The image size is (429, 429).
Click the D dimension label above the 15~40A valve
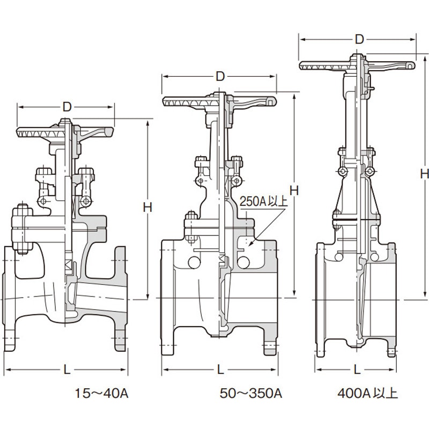point(66,107)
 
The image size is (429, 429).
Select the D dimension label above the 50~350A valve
point(220,77)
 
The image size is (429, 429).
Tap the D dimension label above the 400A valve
point(359,40)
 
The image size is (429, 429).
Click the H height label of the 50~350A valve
point(294,191)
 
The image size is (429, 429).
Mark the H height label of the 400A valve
point(425,173)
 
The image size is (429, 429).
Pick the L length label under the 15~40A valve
point(67,370)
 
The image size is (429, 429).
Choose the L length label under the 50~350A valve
point(220,370)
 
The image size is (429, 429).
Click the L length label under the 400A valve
point(357,370)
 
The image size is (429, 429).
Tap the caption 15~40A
point(101,394)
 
